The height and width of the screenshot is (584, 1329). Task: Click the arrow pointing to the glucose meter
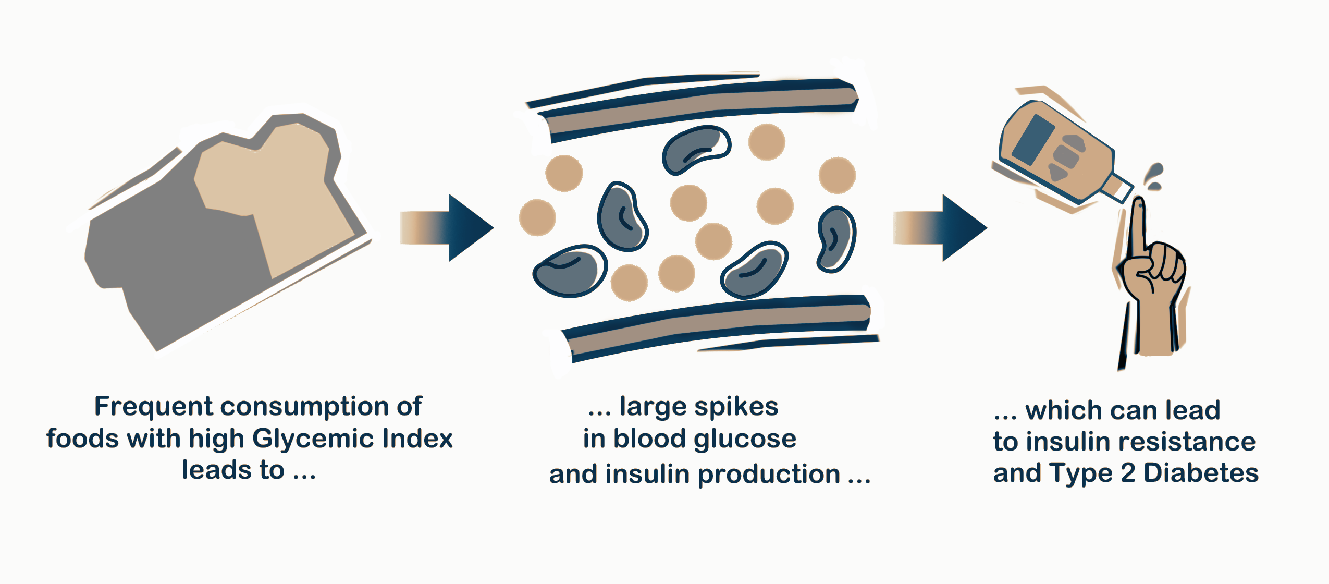(940, 228)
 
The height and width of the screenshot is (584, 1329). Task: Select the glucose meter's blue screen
(1033, 140)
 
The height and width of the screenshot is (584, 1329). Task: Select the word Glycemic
(313, 439)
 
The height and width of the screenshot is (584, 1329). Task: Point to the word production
(769, 475)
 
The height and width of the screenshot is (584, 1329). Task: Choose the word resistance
(1193, 442)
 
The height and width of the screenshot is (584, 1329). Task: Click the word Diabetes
(1201, 473)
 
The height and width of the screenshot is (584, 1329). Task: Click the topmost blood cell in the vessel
(696, 150)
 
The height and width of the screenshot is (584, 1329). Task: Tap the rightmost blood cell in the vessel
(836, 239)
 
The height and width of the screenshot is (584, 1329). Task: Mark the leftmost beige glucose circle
(537, 217)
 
